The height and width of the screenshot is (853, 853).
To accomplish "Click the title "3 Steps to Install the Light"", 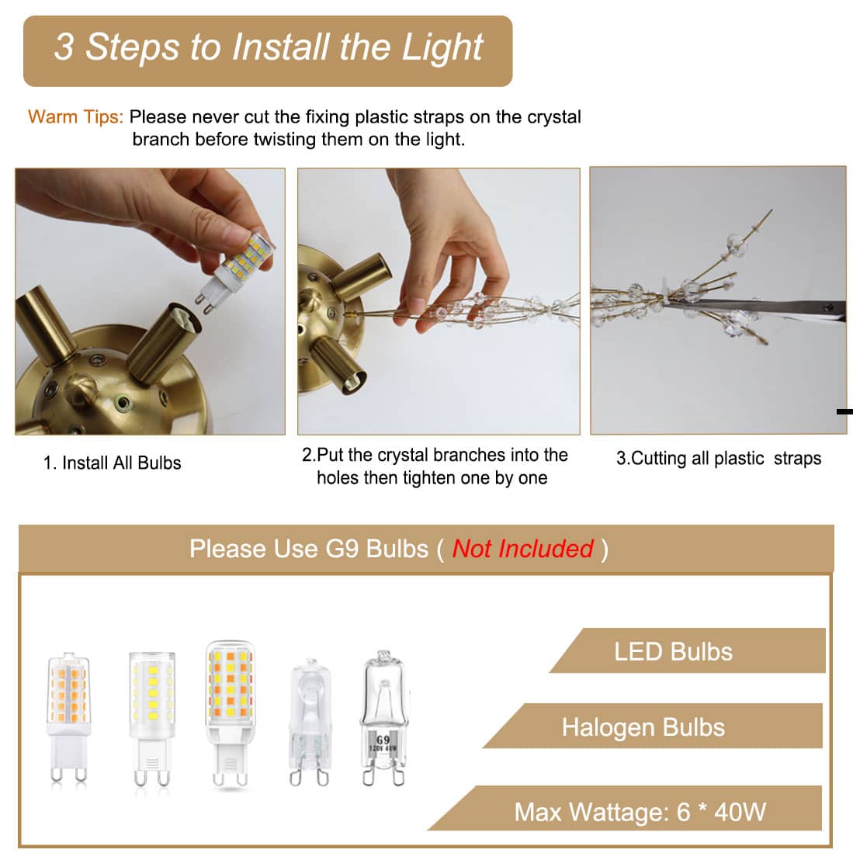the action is (x=269, y=47).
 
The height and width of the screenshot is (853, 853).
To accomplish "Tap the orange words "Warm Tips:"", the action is (x=75, y=117).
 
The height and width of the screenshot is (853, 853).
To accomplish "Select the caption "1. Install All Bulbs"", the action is (x=112, y=463).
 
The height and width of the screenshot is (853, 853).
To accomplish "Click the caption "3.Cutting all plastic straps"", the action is (x=719, y=459).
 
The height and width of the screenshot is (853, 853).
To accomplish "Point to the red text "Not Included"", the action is (x=523, y=549).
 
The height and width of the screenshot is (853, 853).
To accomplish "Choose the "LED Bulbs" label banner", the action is (x=688, y=650).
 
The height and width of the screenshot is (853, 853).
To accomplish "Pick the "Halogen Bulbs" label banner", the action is (x=653, y=726).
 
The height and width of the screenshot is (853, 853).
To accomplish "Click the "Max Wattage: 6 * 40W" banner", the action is (x=626, y=809).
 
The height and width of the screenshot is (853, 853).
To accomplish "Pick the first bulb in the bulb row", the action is (x=68, y=717).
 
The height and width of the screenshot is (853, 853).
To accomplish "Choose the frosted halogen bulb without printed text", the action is (x=310, y=722).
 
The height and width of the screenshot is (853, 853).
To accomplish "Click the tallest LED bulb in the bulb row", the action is (x=230, y=714).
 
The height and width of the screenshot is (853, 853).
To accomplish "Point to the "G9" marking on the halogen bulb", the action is (x=383, y=740).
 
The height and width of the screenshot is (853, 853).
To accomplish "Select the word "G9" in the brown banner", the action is (x=342, y=549).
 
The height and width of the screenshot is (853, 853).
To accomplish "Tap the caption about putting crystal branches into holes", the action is (x=434, y=466).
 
